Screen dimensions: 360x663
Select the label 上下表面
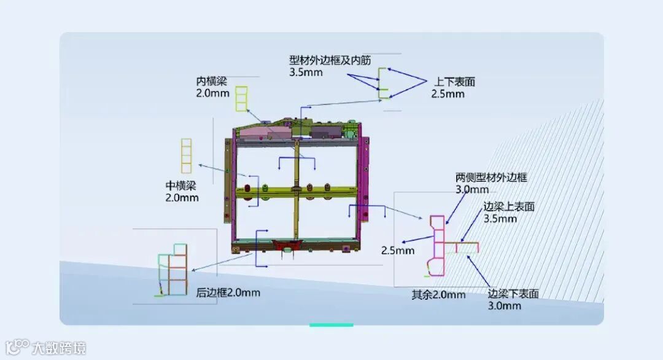click(455, 82)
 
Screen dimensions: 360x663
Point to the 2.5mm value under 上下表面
click(448, 94)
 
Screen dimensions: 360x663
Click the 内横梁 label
click(212, 81)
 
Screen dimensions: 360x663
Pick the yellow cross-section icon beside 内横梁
click(242, 99)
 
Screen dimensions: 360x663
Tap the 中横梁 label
click(181, 186)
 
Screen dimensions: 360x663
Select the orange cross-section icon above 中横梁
click(186, 156)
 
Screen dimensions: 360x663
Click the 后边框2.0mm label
click(228, 292)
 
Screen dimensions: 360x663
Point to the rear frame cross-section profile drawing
click(173, 270)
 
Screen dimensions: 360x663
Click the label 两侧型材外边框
click(491, 178)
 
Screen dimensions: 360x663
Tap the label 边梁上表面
click(509, 207)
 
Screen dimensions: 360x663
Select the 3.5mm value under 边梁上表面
click(500, 219)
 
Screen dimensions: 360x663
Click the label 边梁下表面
click(513, 294)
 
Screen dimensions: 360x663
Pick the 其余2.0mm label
click(438, 294)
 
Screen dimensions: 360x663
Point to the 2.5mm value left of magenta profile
click(398, 250)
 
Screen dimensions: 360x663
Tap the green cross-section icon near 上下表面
click(383, 84)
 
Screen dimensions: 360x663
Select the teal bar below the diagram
click(331, 325)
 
